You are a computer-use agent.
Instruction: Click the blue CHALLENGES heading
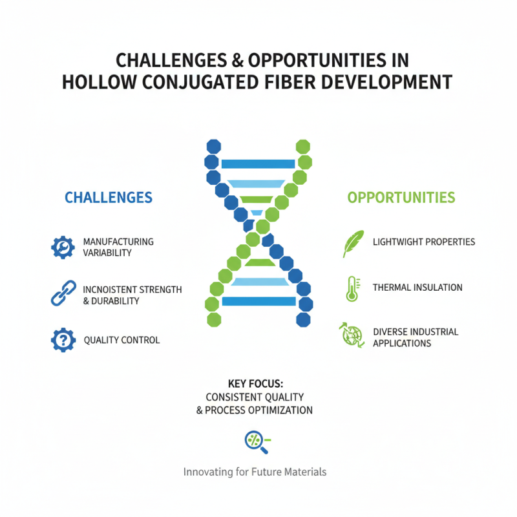109,197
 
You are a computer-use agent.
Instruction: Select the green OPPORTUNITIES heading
401,197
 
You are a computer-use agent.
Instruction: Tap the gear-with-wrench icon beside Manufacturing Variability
63,247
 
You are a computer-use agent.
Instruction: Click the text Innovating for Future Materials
255,472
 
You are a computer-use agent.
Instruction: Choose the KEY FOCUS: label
255,383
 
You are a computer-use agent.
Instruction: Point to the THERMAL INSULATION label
417,287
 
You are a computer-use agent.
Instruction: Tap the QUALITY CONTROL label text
121,340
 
